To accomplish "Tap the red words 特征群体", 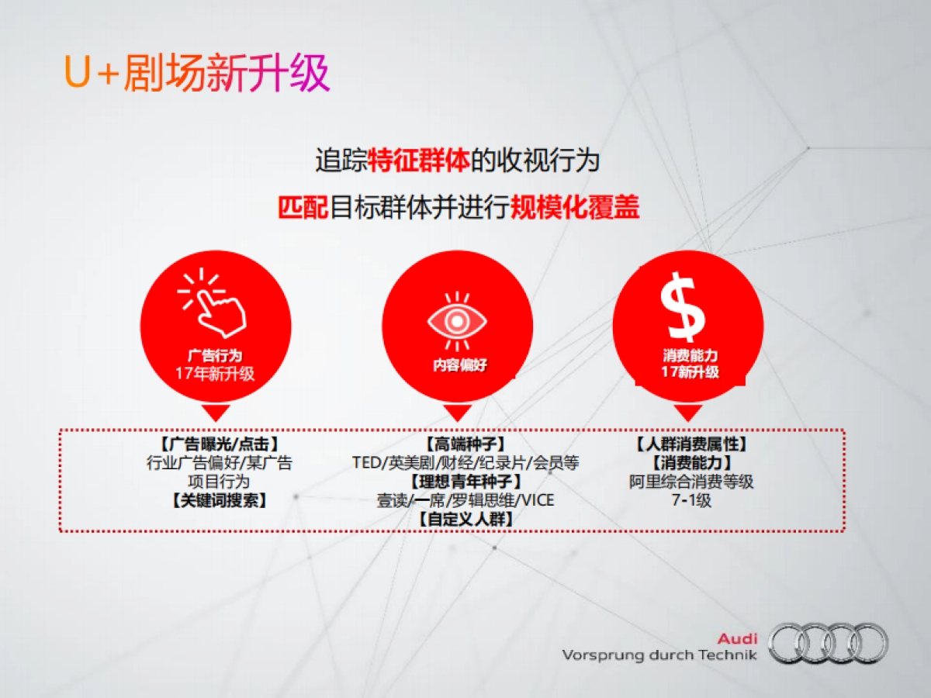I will [x=419, y=161].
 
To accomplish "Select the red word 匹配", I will [x=303, y=208].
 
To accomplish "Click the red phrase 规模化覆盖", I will [x=575, y=208].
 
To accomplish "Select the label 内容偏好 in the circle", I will [x=460, y=365].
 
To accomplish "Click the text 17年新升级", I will [x=215, y=374].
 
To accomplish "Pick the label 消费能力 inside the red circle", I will [x=690, y=356].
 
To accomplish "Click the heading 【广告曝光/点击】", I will [x=220, y=444].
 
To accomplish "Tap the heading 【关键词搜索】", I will [x=220, y=500].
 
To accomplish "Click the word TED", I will [x=367, y=463].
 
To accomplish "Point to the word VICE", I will [x=538, y=500].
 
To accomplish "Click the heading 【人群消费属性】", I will [x=691, y=444].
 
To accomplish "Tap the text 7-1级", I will [x=691, y=500].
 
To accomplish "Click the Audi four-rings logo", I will [x=828, y=643].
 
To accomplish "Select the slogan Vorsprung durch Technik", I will [x=659, y=655].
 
